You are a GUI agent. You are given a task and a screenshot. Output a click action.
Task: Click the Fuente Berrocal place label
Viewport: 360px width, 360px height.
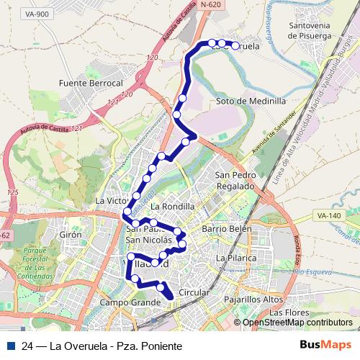pyautogui.click(x=92, y=84)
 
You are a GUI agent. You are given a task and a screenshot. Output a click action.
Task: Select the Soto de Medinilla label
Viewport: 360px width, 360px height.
pyautogui.click(x=251, y=102)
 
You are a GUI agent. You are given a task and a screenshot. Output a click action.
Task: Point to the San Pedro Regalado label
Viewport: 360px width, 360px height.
pyautogui.click(x=235, y=181)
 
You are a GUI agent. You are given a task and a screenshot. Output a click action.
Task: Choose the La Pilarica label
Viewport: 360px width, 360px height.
pyautogui.click(x=236, y=257)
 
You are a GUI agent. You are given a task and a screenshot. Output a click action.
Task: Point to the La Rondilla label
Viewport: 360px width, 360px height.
pyautogui.click(x=168, y=206)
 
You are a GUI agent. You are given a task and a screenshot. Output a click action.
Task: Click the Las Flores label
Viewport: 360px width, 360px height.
pyautogui.click(x=288, y=313)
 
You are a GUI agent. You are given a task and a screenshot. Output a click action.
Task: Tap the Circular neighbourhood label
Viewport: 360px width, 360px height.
pyautogui.click(x=193, y=293)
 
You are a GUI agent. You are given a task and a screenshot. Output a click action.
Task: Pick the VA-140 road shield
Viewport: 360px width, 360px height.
pyautogui.click(x=328, y=215)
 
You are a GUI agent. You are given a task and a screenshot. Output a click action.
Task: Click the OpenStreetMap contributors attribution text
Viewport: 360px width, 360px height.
pyautogui.click(x=297, y=323)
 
